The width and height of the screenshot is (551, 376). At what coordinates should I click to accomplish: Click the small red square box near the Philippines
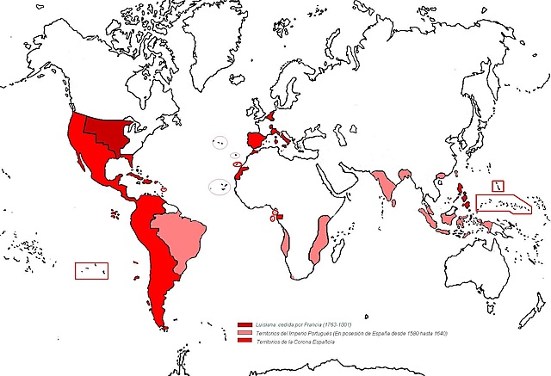497,186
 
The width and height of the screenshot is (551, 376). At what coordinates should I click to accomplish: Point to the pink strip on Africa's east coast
320,237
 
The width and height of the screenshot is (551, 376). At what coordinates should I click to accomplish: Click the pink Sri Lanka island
395,206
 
